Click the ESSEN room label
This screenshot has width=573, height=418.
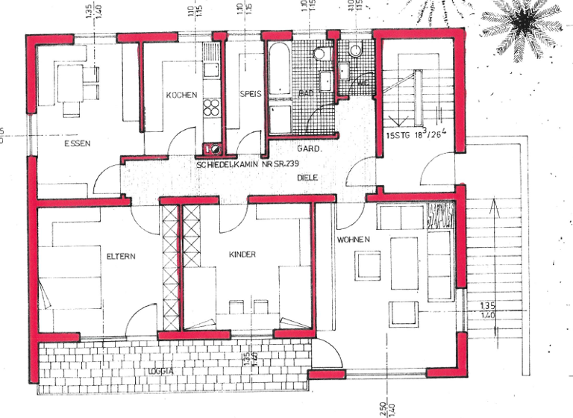(x=77, y=143)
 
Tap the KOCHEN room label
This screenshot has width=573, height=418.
(x=181, y=95)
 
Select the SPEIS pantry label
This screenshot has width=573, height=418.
(x=248, y=95)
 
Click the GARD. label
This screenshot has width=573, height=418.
(x=309, y=149)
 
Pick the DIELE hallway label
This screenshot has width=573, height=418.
(x=307, y=178)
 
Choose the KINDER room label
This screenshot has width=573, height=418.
(x=242, y=255)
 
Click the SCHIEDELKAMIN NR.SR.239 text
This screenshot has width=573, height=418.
(x=246, y=163)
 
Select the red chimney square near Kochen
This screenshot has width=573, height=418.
(x=209, y=149)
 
